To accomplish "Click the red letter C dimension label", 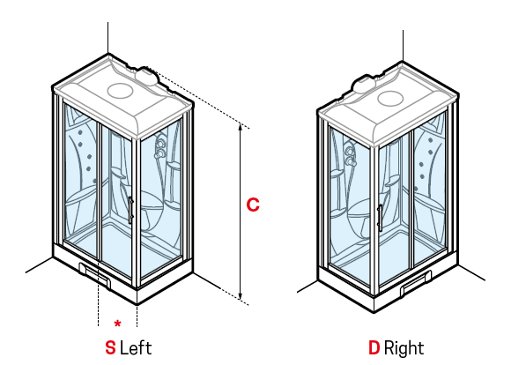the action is click(253, 205).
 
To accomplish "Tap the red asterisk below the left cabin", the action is click(117, 324).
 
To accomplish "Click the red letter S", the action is click(110, 348).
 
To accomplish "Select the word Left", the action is click(136, 348).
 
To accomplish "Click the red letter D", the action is click(374, 348).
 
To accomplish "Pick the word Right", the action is click(404, 348).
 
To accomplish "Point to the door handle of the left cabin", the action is click(130, 210).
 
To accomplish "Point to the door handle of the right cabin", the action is click(380, 218).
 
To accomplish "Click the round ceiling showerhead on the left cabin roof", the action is click(121, 90).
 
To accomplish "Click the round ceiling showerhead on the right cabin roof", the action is click(390, 99).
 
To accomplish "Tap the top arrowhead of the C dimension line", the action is click(241, 127).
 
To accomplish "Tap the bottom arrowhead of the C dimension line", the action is click(241, 296).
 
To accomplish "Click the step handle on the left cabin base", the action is click(95, 275).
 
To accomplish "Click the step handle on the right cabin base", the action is click(416, 283).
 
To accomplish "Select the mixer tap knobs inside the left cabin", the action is click(159, 148).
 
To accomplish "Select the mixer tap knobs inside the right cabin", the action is click(351, 155).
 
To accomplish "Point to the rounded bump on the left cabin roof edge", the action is click(147, 76).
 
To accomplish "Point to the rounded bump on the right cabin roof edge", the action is click(363, 84).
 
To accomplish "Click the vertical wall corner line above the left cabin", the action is click(107, 38).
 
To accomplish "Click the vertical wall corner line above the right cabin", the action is click(403, 46).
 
